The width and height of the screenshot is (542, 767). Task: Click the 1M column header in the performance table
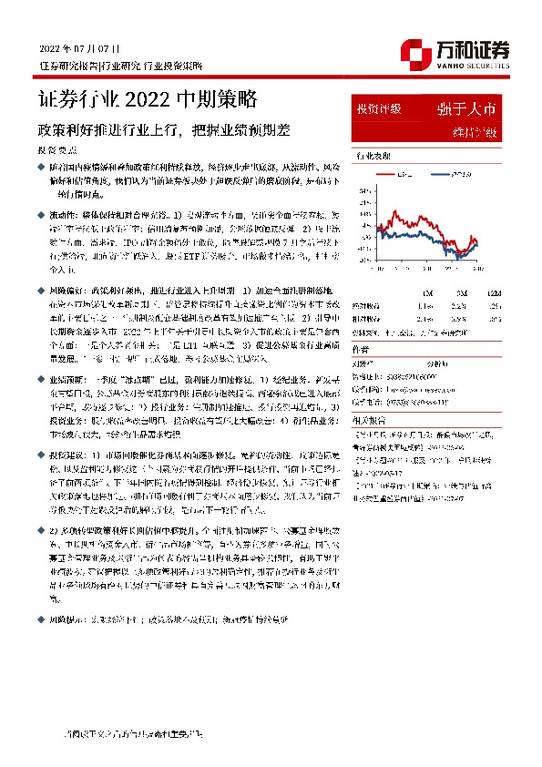427,292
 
